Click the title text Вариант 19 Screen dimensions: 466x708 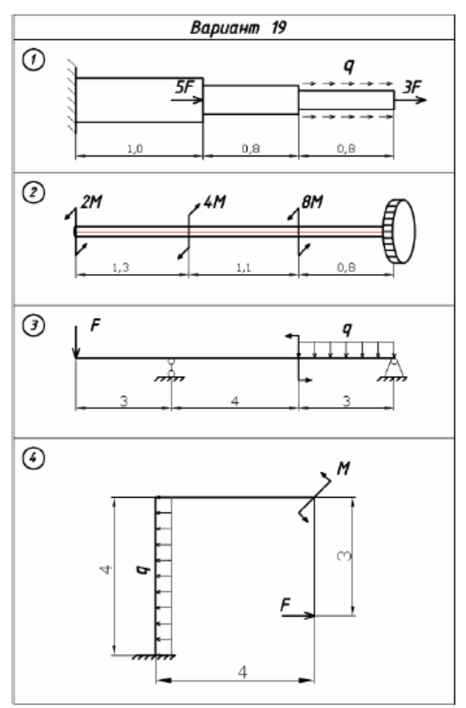[238, 27]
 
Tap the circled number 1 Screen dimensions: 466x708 [34, 60]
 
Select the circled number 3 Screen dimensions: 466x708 [34, 326]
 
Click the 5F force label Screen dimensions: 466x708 [185, 87]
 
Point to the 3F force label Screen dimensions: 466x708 [412, 87]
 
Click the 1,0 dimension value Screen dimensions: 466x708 [135, 148]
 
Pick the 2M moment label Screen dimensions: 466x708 [91, 202]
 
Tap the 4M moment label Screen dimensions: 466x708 [215, 202]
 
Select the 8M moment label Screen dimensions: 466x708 [312, 202]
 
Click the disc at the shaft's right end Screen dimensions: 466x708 [399, 232]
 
